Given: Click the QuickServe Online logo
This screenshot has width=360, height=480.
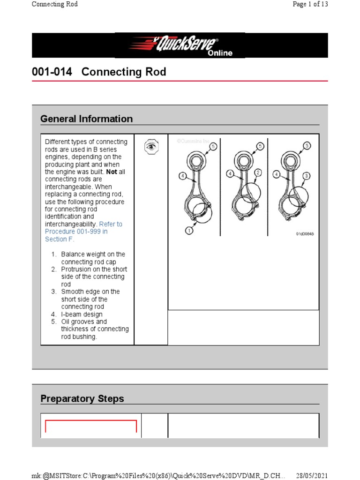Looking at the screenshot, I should [180, 45].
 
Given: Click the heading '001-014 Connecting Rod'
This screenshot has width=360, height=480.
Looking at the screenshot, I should [99, 72].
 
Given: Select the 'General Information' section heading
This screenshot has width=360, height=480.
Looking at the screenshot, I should [86, 119].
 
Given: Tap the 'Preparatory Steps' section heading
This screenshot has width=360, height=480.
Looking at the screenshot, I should [82, 399].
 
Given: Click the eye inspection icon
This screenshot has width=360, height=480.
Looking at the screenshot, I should [151, 147].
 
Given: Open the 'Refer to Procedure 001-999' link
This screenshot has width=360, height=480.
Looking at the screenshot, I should [83, 232].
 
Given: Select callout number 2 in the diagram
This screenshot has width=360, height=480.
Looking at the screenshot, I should [258, 173].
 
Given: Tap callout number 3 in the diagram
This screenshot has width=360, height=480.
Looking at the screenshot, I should [307, 176].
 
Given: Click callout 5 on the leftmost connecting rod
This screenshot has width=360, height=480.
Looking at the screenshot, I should [213, 147].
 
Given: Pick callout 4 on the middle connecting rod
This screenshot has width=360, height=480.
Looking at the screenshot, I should [230, 173].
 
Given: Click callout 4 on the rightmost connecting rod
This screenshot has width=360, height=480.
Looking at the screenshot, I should [277, 174].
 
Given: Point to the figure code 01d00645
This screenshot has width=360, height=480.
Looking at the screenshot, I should [304, 233].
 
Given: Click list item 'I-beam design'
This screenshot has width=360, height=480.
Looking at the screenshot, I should [82, 314].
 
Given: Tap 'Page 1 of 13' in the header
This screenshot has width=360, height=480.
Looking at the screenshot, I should [310, 4].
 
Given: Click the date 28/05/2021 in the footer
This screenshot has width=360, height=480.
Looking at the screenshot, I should [312, 475].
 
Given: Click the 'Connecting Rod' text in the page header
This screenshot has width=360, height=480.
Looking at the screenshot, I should [54, 4].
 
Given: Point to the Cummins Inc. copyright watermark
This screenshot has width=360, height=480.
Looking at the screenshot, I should [194, 141].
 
